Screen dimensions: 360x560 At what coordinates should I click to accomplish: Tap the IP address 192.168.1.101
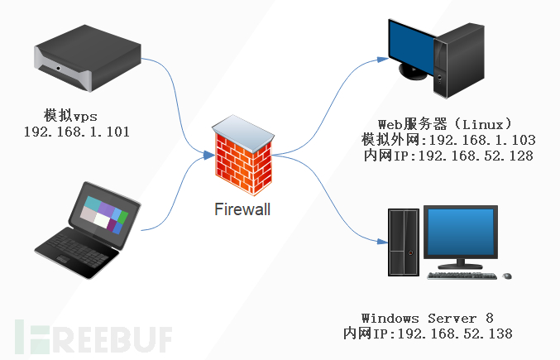point(77,132)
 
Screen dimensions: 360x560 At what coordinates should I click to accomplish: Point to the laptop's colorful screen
point(103,212)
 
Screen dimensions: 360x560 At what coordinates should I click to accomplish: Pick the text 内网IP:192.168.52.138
point(428,334)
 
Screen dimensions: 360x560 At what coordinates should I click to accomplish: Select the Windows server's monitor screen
point(462,234)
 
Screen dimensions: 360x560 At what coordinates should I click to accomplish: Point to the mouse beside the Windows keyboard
point(507,275)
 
